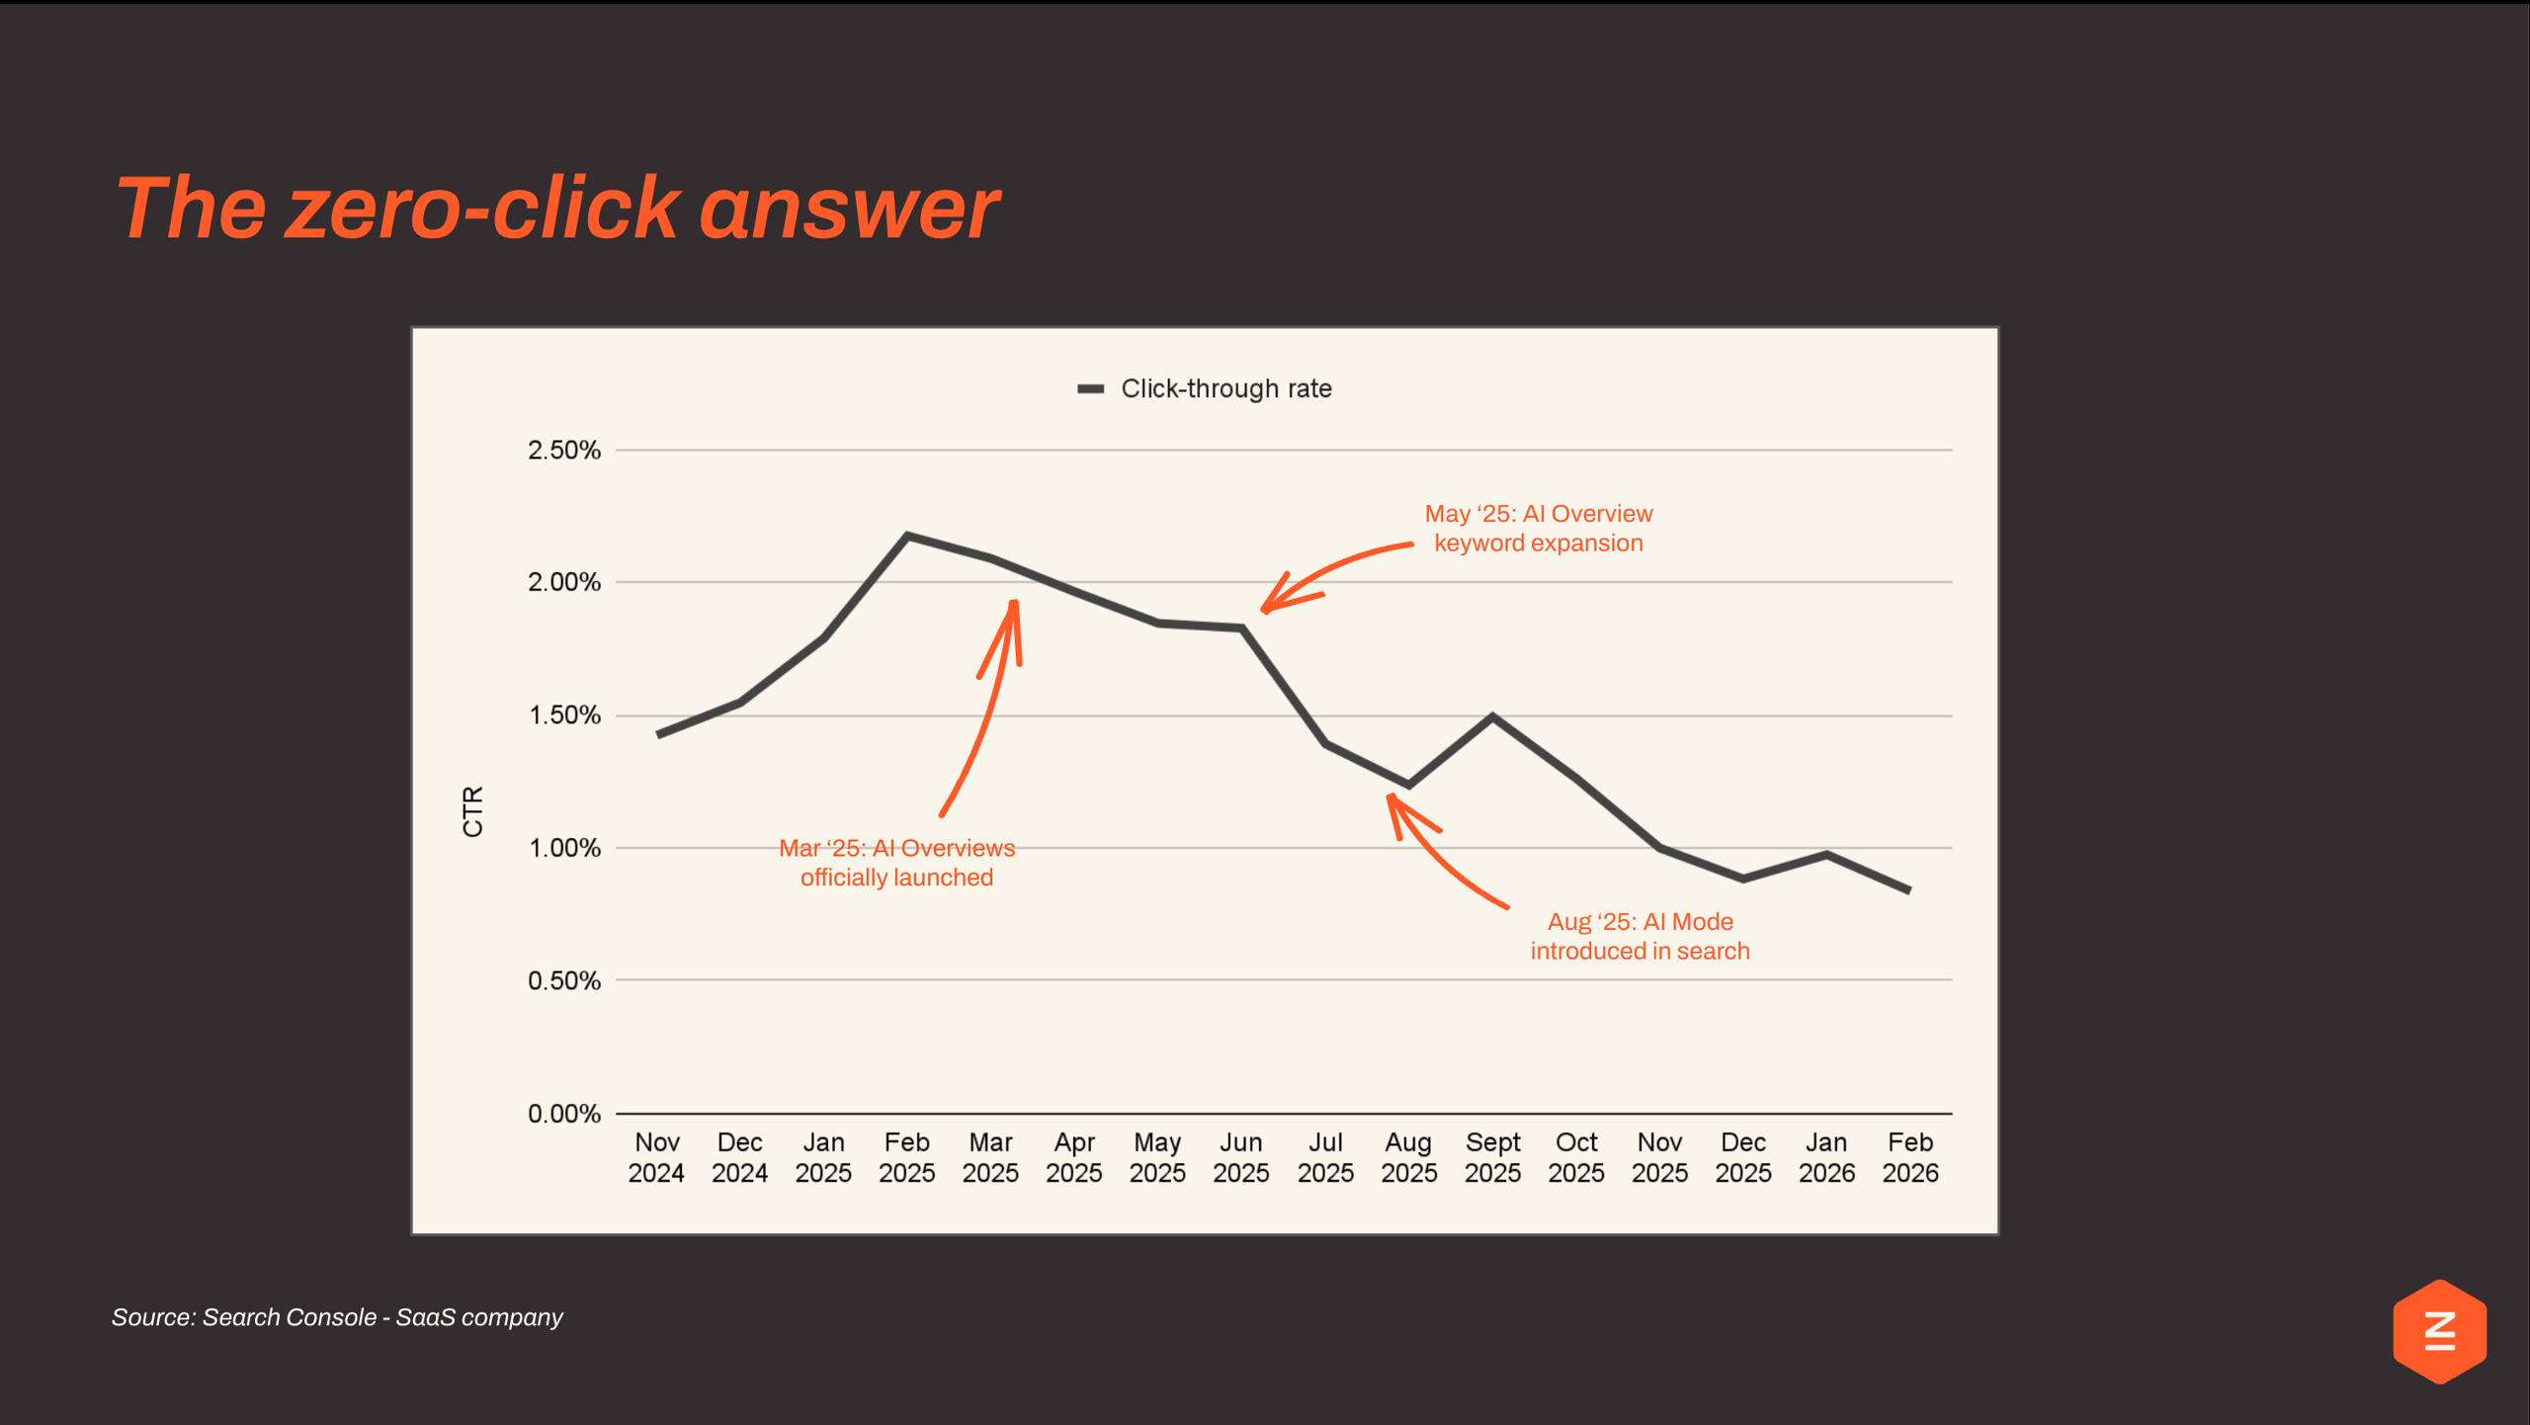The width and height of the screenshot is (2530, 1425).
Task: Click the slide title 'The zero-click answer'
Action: click(556, 209)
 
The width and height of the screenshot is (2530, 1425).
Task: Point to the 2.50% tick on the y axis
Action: click(563, 451)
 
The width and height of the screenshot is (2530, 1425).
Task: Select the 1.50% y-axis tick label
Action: click(563, 715)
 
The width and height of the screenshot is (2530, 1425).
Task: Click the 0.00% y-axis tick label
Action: click(563, 1114)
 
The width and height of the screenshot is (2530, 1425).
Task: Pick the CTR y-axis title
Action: click(473, 811)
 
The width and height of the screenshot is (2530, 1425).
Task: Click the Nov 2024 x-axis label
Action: click(656, 1157)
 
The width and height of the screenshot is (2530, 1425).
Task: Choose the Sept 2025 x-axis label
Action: click(1492, 1157)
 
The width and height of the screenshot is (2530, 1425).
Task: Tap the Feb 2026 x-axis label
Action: click(1909, 1157)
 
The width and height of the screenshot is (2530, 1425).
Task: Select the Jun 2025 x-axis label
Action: click(1241, 1157)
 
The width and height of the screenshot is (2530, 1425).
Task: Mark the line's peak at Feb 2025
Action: click(907, 536)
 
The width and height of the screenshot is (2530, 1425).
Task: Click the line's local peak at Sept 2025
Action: click(1492, 715)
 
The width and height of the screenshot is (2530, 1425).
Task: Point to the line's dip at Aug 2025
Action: click(1408, 785)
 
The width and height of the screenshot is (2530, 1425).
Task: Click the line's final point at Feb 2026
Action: click(1908, 890)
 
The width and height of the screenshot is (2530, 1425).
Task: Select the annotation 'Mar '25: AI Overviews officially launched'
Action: click(896, 863)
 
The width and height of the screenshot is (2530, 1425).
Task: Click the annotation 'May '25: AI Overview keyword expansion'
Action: click(1538, 529)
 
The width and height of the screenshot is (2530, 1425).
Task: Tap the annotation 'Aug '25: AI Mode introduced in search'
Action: click(1640, 936)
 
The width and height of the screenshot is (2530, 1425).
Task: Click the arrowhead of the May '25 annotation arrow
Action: click(1266, 610)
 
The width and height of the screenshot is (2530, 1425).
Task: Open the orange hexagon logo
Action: click(2439, 1331)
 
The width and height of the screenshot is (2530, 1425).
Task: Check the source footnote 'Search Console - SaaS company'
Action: click(337, 1317)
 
